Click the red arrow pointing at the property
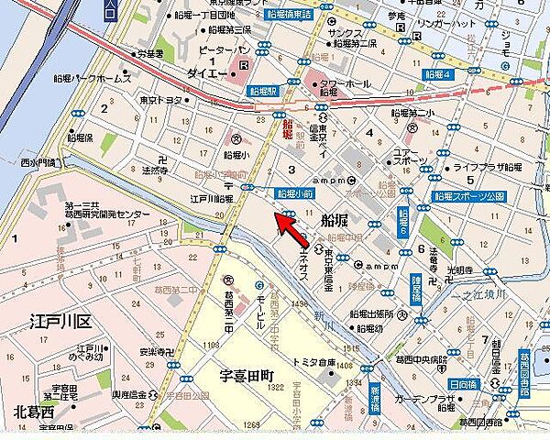click(291, 231)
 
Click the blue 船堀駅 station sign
click(262, 92)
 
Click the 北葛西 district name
click(33, 411)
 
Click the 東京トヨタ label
click(161, 100)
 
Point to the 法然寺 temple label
click(154, 170)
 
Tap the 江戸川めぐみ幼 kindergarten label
click(93, 354)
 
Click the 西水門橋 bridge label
click(38, 162)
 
